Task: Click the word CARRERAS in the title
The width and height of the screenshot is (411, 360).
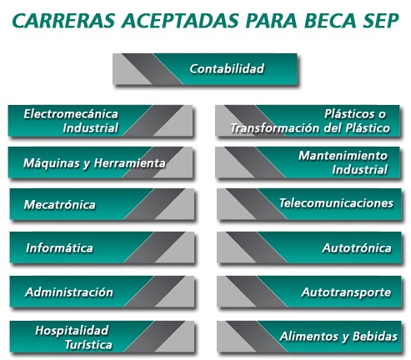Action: tap(64, 20)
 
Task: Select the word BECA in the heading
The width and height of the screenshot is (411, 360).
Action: tap(330, 20)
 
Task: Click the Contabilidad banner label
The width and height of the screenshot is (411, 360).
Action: tap(227, 68)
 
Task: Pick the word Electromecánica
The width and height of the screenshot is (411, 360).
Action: tap(71, 114)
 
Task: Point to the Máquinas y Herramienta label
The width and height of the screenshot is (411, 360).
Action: tap(94, 163)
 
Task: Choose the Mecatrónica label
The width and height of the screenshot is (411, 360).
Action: tap(60, 205)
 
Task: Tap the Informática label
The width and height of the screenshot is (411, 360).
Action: tap(59, 247)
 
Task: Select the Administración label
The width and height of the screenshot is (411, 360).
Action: tap(69, 292)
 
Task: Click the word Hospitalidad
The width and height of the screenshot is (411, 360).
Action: tap(72, 331)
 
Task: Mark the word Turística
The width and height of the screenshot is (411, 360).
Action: tap(88, 345)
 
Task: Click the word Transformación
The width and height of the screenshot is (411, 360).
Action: tap(275, 128)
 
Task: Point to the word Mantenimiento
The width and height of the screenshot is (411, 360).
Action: tap(343, 156)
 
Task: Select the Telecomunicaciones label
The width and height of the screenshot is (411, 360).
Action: tap(336, 203)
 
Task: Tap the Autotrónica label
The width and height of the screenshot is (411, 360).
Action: tap(357, 247)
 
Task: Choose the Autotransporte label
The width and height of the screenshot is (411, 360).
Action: tap(346, 292)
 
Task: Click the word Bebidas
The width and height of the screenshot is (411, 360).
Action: tap(375, 337)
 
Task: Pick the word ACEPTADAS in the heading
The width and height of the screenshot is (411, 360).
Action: tap(180, 20)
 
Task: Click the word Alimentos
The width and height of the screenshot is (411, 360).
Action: tap(308, 337)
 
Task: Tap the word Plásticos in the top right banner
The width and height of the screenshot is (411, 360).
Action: tap(348, 114)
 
